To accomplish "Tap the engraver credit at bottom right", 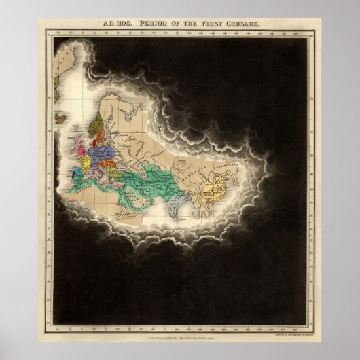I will (x=285, y=327).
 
